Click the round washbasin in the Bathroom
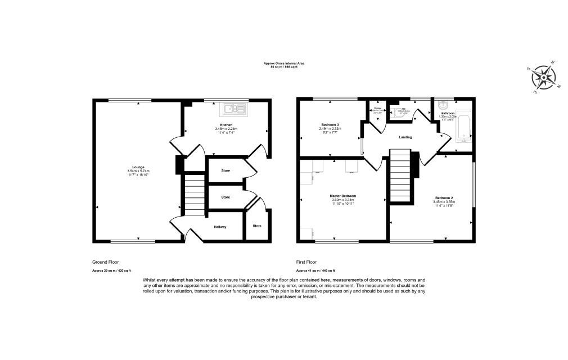pyautogui.click(x=443, y=105)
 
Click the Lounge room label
pyautogui.click(x=138, y=167)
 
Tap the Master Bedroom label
pyautogui.click(x=342, y=196)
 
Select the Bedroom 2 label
pyautogui.click(x=444, y=198)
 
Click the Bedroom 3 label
pyautogui.click(x=330, y=124)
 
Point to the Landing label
pyautogui.click(x=405, y=137)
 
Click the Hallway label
pyautogui.click(x=220, y=227)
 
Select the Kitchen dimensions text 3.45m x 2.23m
pyautogui.click(x=226, y=129)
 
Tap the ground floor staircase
pyautogui.click(x=193, y=194)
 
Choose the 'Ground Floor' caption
pyautogui.click(x=105, y=262)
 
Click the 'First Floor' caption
pyautogui.click(x=306, y=262)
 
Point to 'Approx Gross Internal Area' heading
pyautogui.click(x=284, y=64)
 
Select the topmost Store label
pyautogui.click(x=226, y=169)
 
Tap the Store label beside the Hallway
pyautogui.click(x=257, y=226)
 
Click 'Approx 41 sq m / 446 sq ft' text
pyautogui.click(x=319, y=271)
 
